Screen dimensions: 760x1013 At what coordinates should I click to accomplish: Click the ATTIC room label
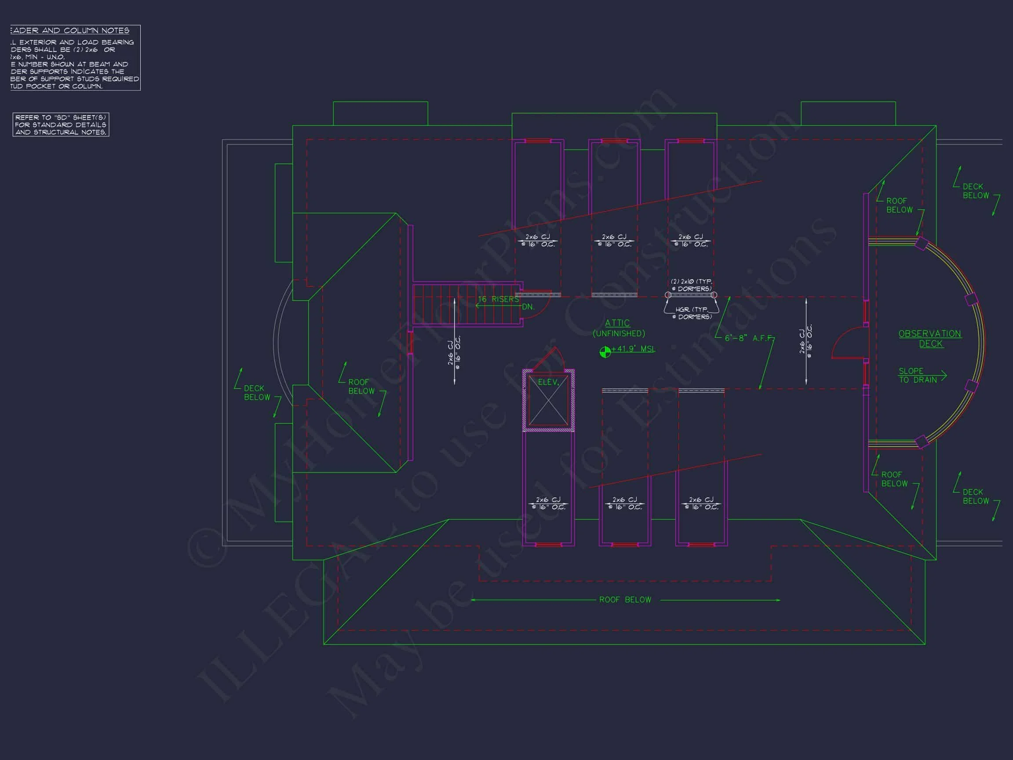point(617,323)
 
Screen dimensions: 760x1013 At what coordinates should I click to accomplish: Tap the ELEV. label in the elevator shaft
point(548,382)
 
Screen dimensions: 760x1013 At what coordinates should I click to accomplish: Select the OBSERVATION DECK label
point(929,339)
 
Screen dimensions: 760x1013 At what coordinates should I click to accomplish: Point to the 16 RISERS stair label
point(498,299)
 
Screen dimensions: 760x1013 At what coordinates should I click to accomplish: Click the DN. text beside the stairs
point(528,307)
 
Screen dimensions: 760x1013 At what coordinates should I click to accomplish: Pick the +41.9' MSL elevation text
point(634,349)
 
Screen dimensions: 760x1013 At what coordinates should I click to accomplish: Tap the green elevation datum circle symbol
point(605,352)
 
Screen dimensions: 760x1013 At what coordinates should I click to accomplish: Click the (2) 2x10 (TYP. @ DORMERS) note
point(691,285)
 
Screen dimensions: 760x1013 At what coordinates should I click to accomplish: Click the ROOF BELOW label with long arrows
point(625,599)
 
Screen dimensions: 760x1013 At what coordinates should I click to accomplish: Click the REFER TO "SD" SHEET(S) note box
point(61,124)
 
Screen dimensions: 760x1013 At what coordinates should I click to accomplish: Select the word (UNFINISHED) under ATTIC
point(619,333)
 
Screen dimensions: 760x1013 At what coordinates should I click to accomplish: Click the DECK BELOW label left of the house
point(256,393)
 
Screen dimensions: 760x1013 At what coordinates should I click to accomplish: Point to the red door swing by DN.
point(539,302)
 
